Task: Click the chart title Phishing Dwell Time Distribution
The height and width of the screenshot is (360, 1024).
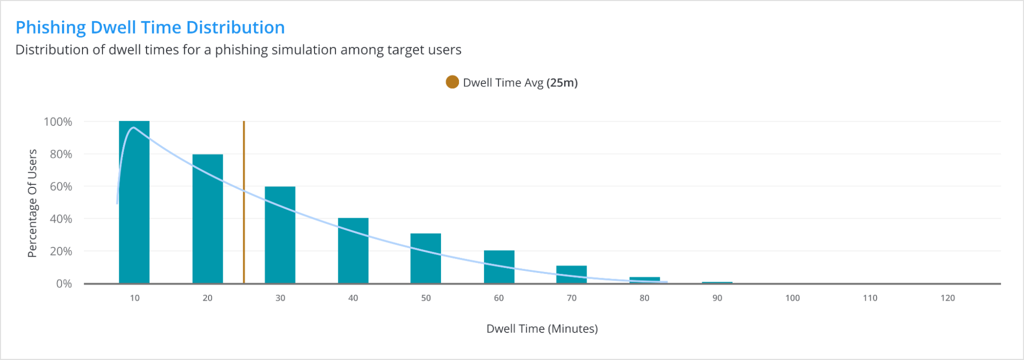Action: pos(150,27)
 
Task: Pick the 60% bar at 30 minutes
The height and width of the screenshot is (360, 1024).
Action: pos(280,235)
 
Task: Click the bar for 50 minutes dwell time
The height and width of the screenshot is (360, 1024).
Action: pos(426,259)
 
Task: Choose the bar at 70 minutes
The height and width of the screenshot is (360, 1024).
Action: pos(572,274)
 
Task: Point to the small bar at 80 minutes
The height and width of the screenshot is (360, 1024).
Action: pos(644,280)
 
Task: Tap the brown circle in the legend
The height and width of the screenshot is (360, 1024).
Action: pos(452,82)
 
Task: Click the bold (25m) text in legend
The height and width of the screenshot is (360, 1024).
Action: pos(562,83)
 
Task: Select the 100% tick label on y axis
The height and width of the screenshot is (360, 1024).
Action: pos(58,122)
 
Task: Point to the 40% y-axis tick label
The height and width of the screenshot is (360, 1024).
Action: pos(61,219)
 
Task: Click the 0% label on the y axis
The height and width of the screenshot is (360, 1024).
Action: pos(64,284)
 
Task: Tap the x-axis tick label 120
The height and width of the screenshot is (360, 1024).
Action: pos(948,298)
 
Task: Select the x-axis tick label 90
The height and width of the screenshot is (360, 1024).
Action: pos(717,298)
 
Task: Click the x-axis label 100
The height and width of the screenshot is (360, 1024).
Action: pos(792,298)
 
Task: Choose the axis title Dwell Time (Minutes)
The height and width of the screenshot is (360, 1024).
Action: pos(542,329)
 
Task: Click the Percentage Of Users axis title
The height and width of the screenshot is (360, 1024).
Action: pos(32,203)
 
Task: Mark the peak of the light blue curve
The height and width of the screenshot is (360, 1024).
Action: pos(134,128)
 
